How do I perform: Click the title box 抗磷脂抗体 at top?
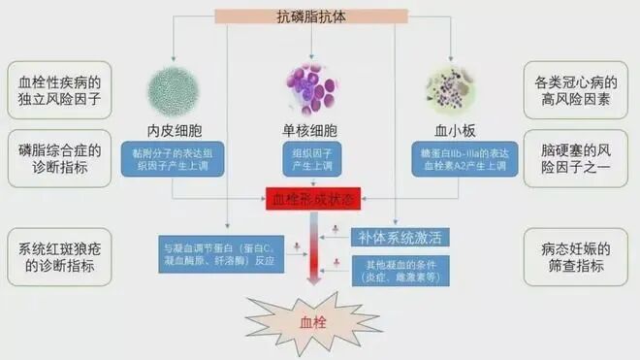319,16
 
